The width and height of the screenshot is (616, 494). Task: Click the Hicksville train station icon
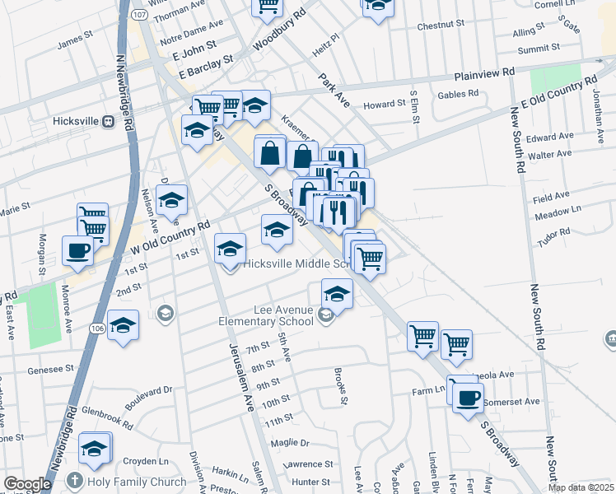pos(108,121)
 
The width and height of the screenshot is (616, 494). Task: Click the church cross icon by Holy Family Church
pos(75,481)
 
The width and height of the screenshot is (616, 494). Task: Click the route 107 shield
pos(140,15)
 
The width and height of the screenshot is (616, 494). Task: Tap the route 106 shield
pos(96,329)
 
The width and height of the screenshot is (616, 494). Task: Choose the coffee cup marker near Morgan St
pos(78,249)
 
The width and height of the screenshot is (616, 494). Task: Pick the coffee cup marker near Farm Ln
pos(469,398)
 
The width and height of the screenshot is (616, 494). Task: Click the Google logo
pos(26,484)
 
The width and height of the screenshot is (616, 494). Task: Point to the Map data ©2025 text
pos(581,487)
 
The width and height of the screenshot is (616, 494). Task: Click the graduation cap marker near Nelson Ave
pos(172,200)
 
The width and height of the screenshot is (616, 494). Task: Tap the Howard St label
pos(385,105)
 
